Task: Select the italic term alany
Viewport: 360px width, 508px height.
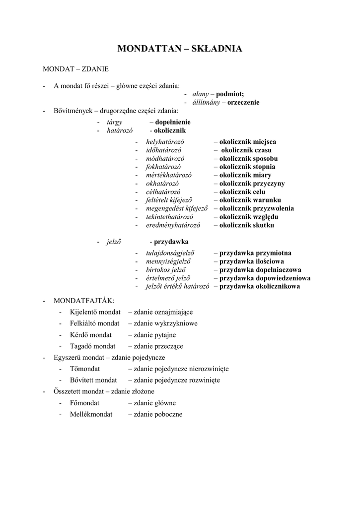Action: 201,94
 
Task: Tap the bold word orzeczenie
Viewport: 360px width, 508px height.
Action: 243,103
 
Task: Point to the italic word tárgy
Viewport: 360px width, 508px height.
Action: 114,122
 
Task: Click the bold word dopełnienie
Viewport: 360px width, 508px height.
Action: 173,122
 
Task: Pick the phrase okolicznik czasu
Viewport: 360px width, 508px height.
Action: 243,150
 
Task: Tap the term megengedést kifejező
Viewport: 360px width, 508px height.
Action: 176,208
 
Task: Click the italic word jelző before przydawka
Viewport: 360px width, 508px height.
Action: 114,242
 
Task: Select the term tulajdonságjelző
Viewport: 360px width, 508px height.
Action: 169,253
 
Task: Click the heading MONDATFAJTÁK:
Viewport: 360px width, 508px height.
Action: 83,301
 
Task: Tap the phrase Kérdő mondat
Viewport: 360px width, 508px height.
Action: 91,335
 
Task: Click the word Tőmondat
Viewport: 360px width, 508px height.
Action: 85,369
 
